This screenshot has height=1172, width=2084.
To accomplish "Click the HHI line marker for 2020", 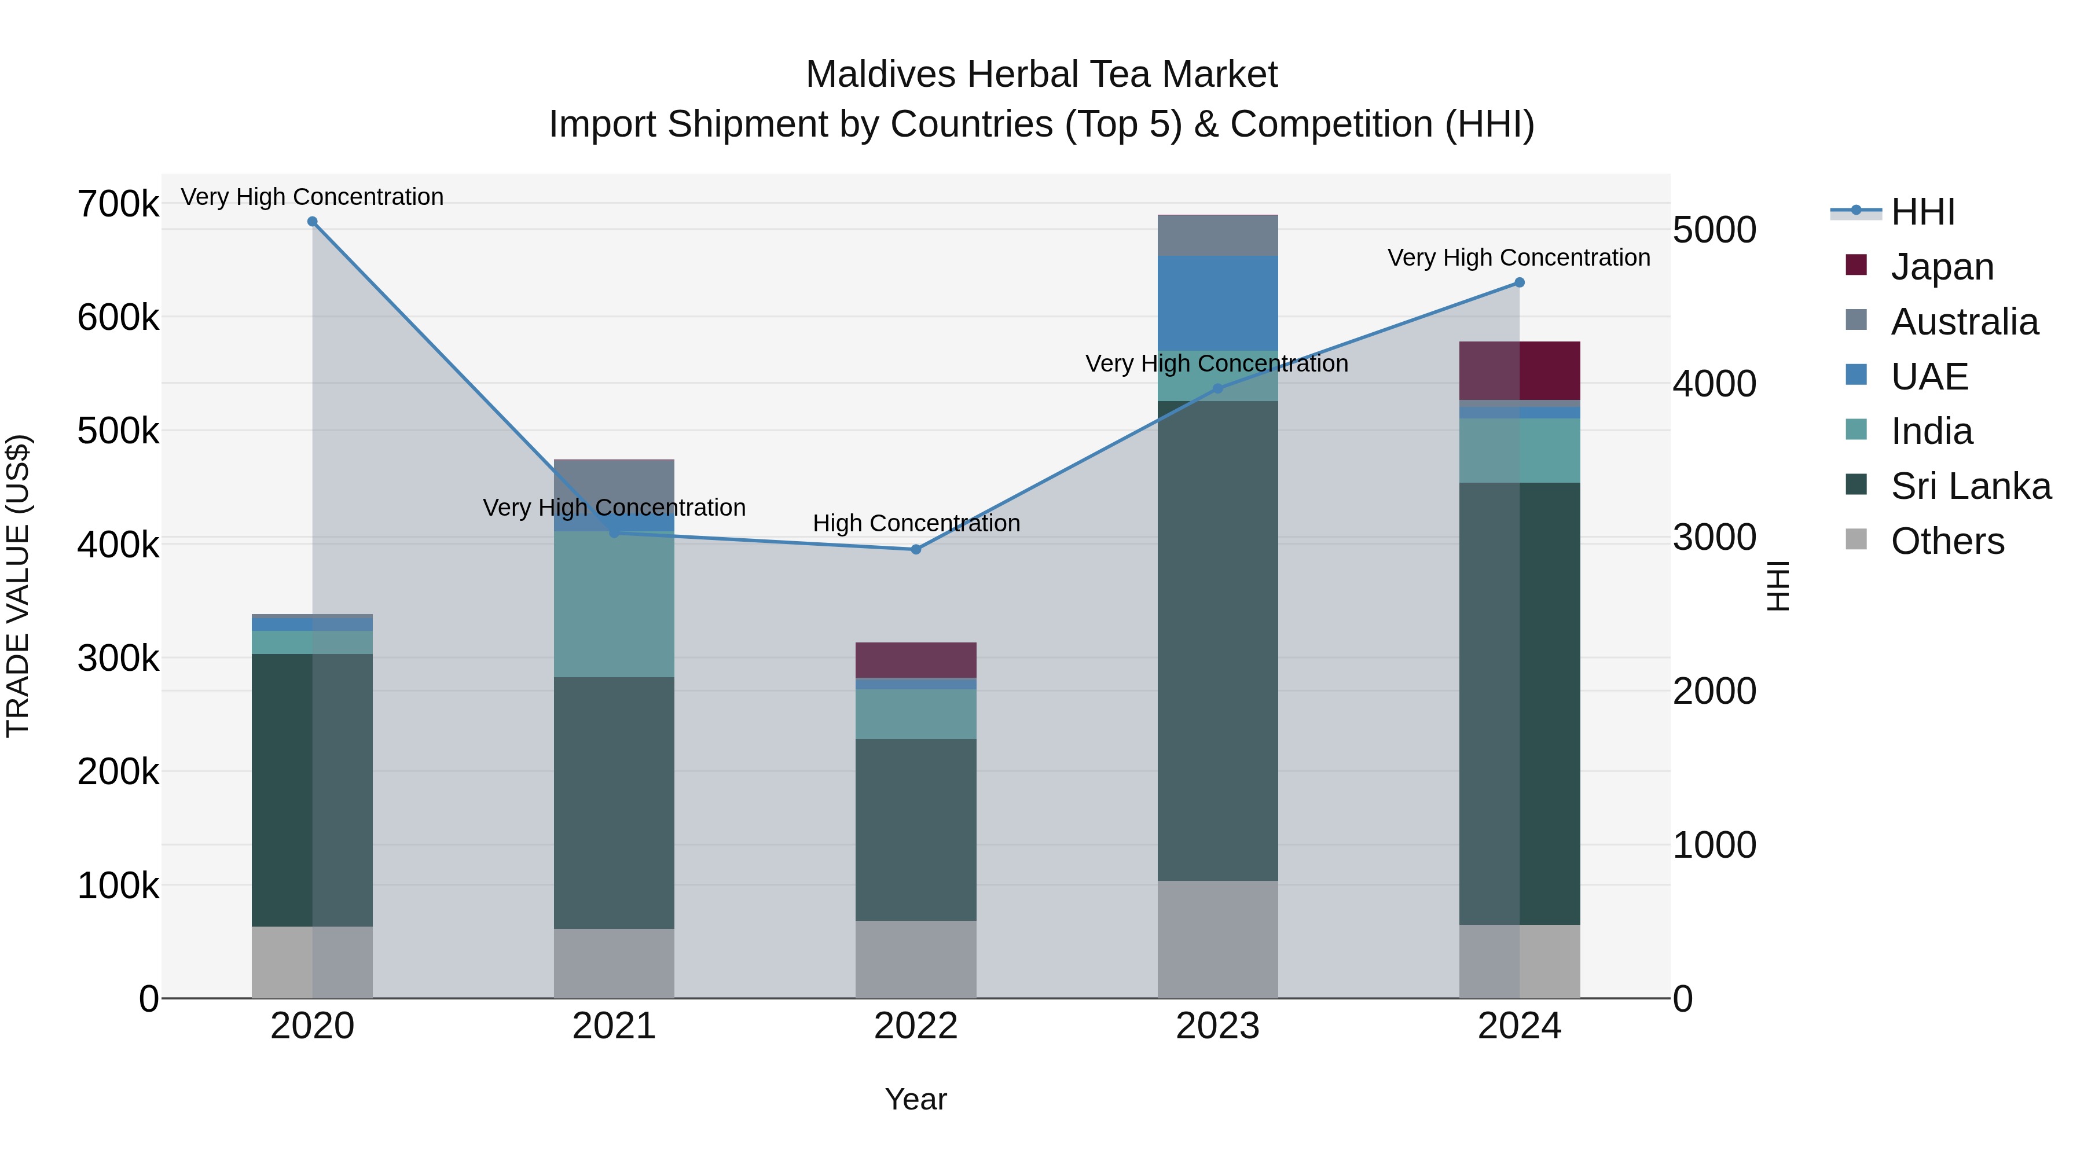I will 312,222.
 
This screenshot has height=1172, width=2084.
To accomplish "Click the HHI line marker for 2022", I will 916,549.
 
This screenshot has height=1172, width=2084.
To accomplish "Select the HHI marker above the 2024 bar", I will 1520,282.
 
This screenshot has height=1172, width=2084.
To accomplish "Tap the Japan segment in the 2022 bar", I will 916,660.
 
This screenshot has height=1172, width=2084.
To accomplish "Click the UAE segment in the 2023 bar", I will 1217,303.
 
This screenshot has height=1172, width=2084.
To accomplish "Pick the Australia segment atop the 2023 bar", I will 1217,236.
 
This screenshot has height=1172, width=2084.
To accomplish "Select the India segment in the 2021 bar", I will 614,604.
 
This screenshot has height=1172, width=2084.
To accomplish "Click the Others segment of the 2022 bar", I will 916,958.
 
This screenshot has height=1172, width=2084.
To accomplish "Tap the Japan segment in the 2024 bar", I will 1520,370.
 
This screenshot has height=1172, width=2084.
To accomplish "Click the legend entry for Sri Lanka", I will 1970,486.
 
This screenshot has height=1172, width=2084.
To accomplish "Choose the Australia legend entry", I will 1964,322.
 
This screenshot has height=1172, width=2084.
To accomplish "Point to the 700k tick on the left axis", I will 118,204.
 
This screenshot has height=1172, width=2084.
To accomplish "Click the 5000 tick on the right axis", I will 1714,230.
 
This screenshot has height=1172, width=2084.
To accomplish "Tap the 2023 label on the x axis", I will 1217,1026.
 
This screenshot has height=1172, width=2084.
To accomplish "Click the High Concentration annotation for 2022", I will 916,523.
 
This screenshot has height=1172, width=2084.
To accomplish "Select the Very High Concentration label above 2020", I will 312,197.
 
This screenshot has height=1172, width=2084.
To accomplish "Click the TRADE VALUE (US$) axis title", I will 18,586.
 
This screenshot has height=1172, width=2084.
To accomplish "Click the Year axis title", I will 916,1099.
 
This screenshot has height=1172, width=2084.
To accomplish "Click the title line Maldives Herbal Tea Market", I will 1041,75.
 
